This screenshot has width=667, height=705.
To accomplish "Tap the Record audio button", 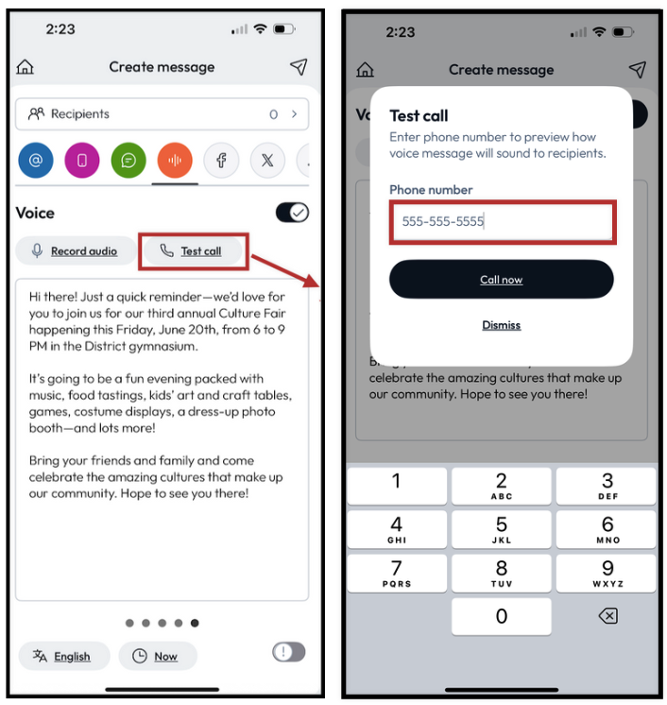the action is coord(76,250).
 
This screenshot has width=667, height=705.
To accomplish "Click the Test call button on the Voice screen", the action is coord(193,250).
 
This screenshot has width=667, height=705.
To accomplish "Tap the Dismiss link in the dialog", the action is coord(501,325).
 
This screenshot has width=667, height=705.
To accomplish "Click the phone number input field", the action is coord(503,222).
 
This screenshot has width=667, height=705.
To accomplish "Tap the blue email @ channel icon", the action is coord(36,160).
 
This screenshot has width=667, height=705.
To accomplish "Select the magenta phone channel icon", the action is coord(82,160).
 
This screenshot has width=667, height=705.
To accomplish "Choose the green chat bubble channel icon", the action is coord(128,160).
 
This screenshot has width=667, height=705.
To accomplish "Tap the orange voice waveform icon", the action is coord(175,160).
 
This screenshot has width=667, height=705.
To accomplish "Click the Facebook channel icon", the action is coord(221,160).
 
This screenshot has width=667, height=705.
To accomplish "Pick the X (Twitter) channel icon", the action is coord(267,160).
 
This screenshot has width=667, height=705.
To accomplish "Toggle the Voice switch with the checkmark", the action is coord(292,213).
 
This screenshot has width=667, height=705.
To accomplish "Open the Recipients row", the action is coord(162,114).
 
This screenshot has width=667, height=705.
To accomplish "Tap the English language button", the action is coord(64,656).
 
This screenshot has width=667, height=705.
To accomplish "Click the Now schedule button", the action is coord(158,656).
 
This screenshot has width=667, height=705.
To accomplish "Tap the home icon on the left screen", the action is coord(26,67).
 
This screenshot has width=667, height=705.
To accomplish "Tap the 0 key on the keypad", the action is coord(501,616).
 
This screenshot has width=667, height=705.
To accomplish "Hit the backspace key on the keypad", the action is coord(608,616).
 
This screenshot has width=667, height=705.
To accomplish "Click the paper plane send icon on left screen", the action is coord(299,67).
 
